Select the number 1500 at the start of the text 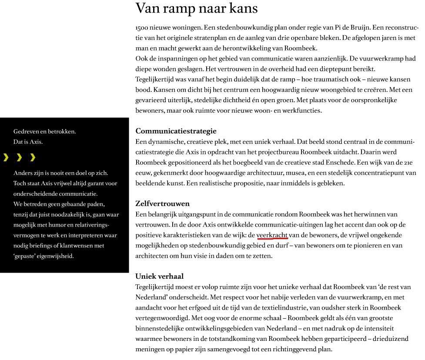click(142, 28)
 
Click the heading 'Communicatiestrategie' click(176, 131)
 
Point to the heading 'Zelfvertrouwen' click(162, 203)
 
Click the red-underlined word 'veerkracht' click(272, 235)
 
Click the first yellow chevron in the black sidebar click(6, 157)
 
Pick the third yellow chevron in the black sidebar click(33, 157)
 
